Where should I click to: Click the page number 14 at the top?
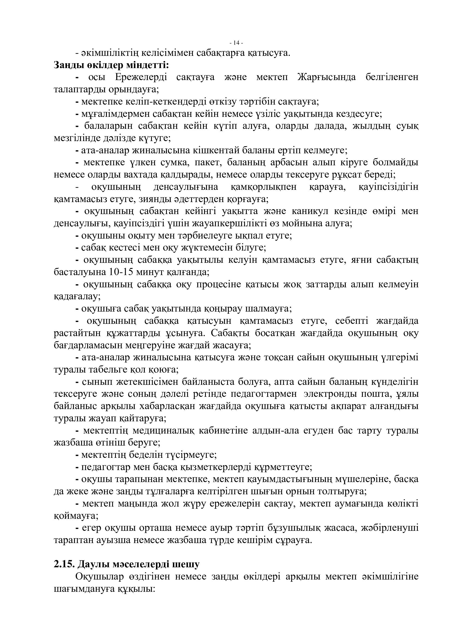click(x=236, y=43)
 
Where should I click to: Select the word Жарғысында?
click(x=326, y=77)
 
